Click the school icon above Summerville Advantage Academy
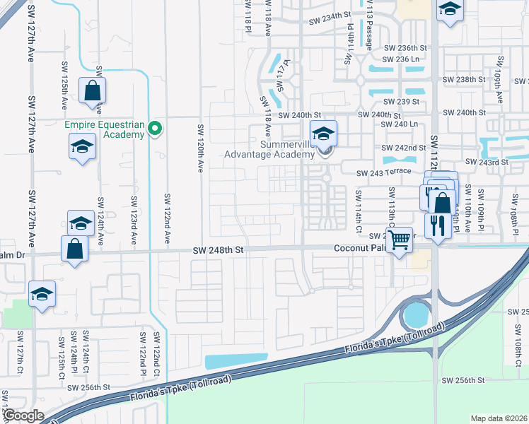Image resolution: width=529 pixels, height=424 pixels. [x=323, y=133]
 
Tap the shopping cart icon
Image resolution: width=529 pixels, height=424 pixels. [x=400, y=240]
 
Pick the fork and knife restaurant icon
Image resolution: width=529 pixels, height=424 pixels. [x=438, y=228]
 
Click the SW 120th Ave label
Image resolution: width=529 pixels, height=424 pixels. [x=201, y=148]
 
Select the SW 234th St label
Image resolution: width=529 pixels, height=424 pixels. [x=329, y=14]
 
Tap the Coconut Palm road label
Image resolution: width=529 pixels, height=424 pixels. [x=359, y=248]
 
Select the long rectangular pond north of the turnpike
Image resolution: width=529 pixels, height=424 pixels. [x=236, y=360]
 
